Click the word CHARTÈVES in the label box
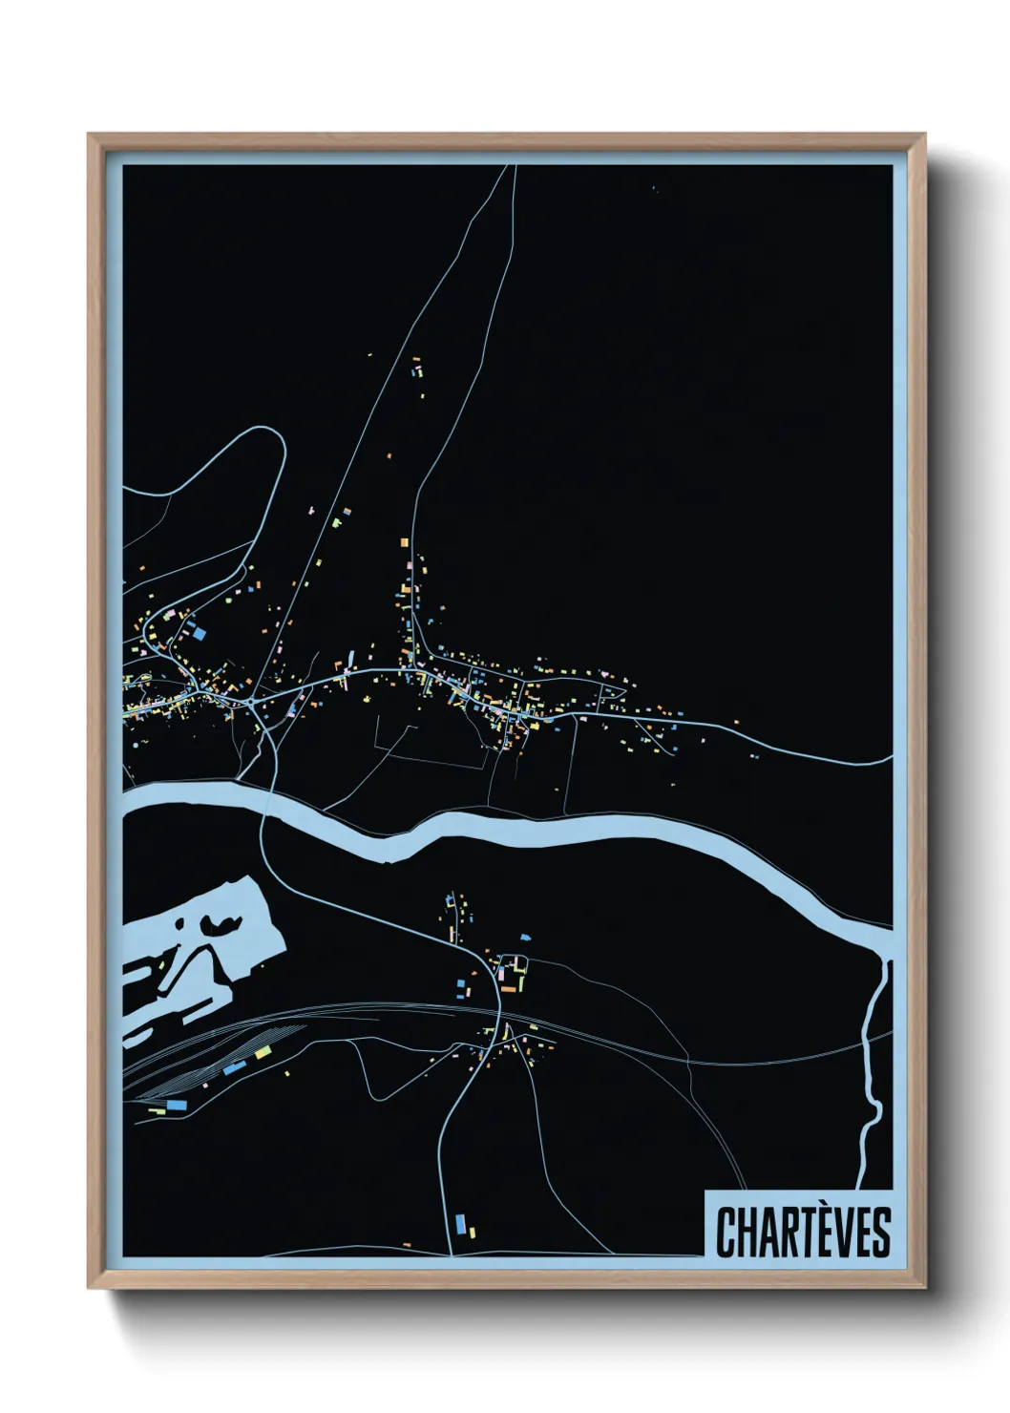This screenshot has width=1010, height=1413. [802, 1232]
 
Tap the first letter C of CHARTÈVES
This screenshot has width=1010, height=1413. [726, 1232]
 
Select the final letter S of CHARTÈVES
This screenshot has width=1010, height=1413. [881, 1232]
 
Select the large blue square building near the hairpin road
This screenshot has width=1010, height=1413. [200, 630]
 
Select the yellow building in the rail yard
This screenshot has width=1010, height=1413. [263, 1053]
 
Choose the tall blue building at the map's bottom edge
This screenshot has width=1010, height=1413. [460, 1222]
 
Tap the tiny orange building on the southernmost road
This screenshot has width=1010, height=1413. [406, 1244]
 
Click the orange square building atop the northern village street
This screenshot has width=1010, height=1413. [404, 542]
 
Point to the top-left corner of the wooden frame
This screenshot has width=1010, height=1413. [89, 135]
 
